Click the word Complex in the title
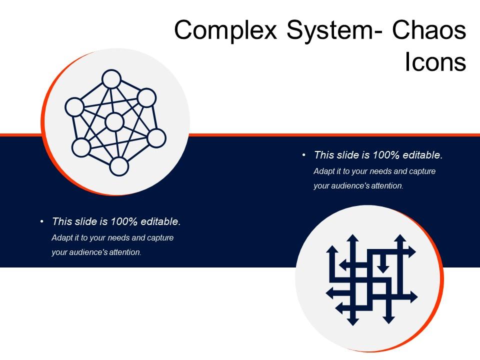click(x=226, y=31)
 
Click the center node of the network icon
click(x=114, y=122)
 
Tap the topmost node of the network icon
click(x=111, y=79)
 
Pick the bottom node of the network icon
click(x=119, y=166)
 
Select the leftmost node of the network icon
click(x=74, y=107)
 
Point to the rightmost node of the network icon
click(x=156, y=138)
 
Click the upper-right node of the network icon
click(x=146, y=98)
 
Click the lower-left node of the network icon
click(x=81, y=147)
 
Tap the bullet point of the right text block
click(x=304, y=155)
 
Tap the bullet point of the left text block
click(x=42, y=221)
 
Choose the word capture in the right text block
click(x=423, y=171)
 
